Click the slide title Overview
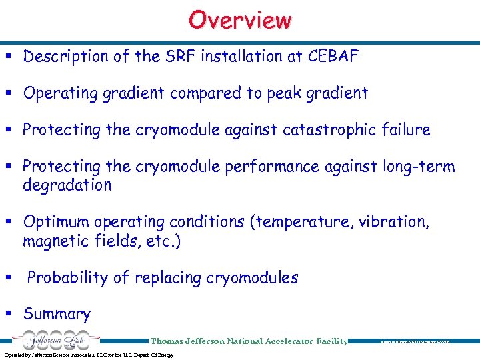(240, 20)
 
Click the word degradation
(67, 185)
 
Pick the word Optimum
(55, 222)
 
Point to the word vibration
(394, 222)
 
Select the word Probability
(64, 278)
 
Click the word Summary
(57, 314)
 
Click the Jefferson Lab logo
(52, 340)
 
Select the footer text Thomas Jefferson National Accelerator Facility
(249, 341)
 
